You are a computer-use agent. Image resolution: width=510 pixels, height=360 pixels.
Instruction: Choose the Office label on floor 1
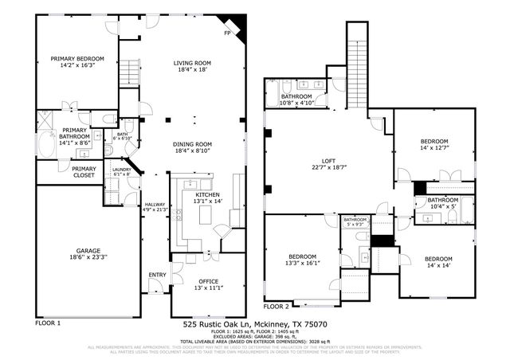(209, 282)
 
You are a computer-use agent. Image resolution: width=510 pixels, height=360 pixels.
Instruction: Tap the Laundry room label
(121, 170)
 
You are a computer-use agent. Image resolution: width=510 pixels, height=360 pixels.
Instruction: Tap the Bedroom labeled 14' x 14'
(437, 260)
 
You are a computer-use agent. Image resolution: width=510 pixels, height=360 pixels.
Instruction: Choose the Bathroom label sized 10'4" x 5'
(442, 200)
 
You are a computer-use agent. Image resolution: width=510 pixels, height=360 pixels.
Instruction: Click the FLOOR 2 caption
(277, 306)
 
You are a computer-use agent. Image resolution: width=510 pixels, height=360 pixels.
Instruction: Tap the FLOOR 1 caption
(49, 323)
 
